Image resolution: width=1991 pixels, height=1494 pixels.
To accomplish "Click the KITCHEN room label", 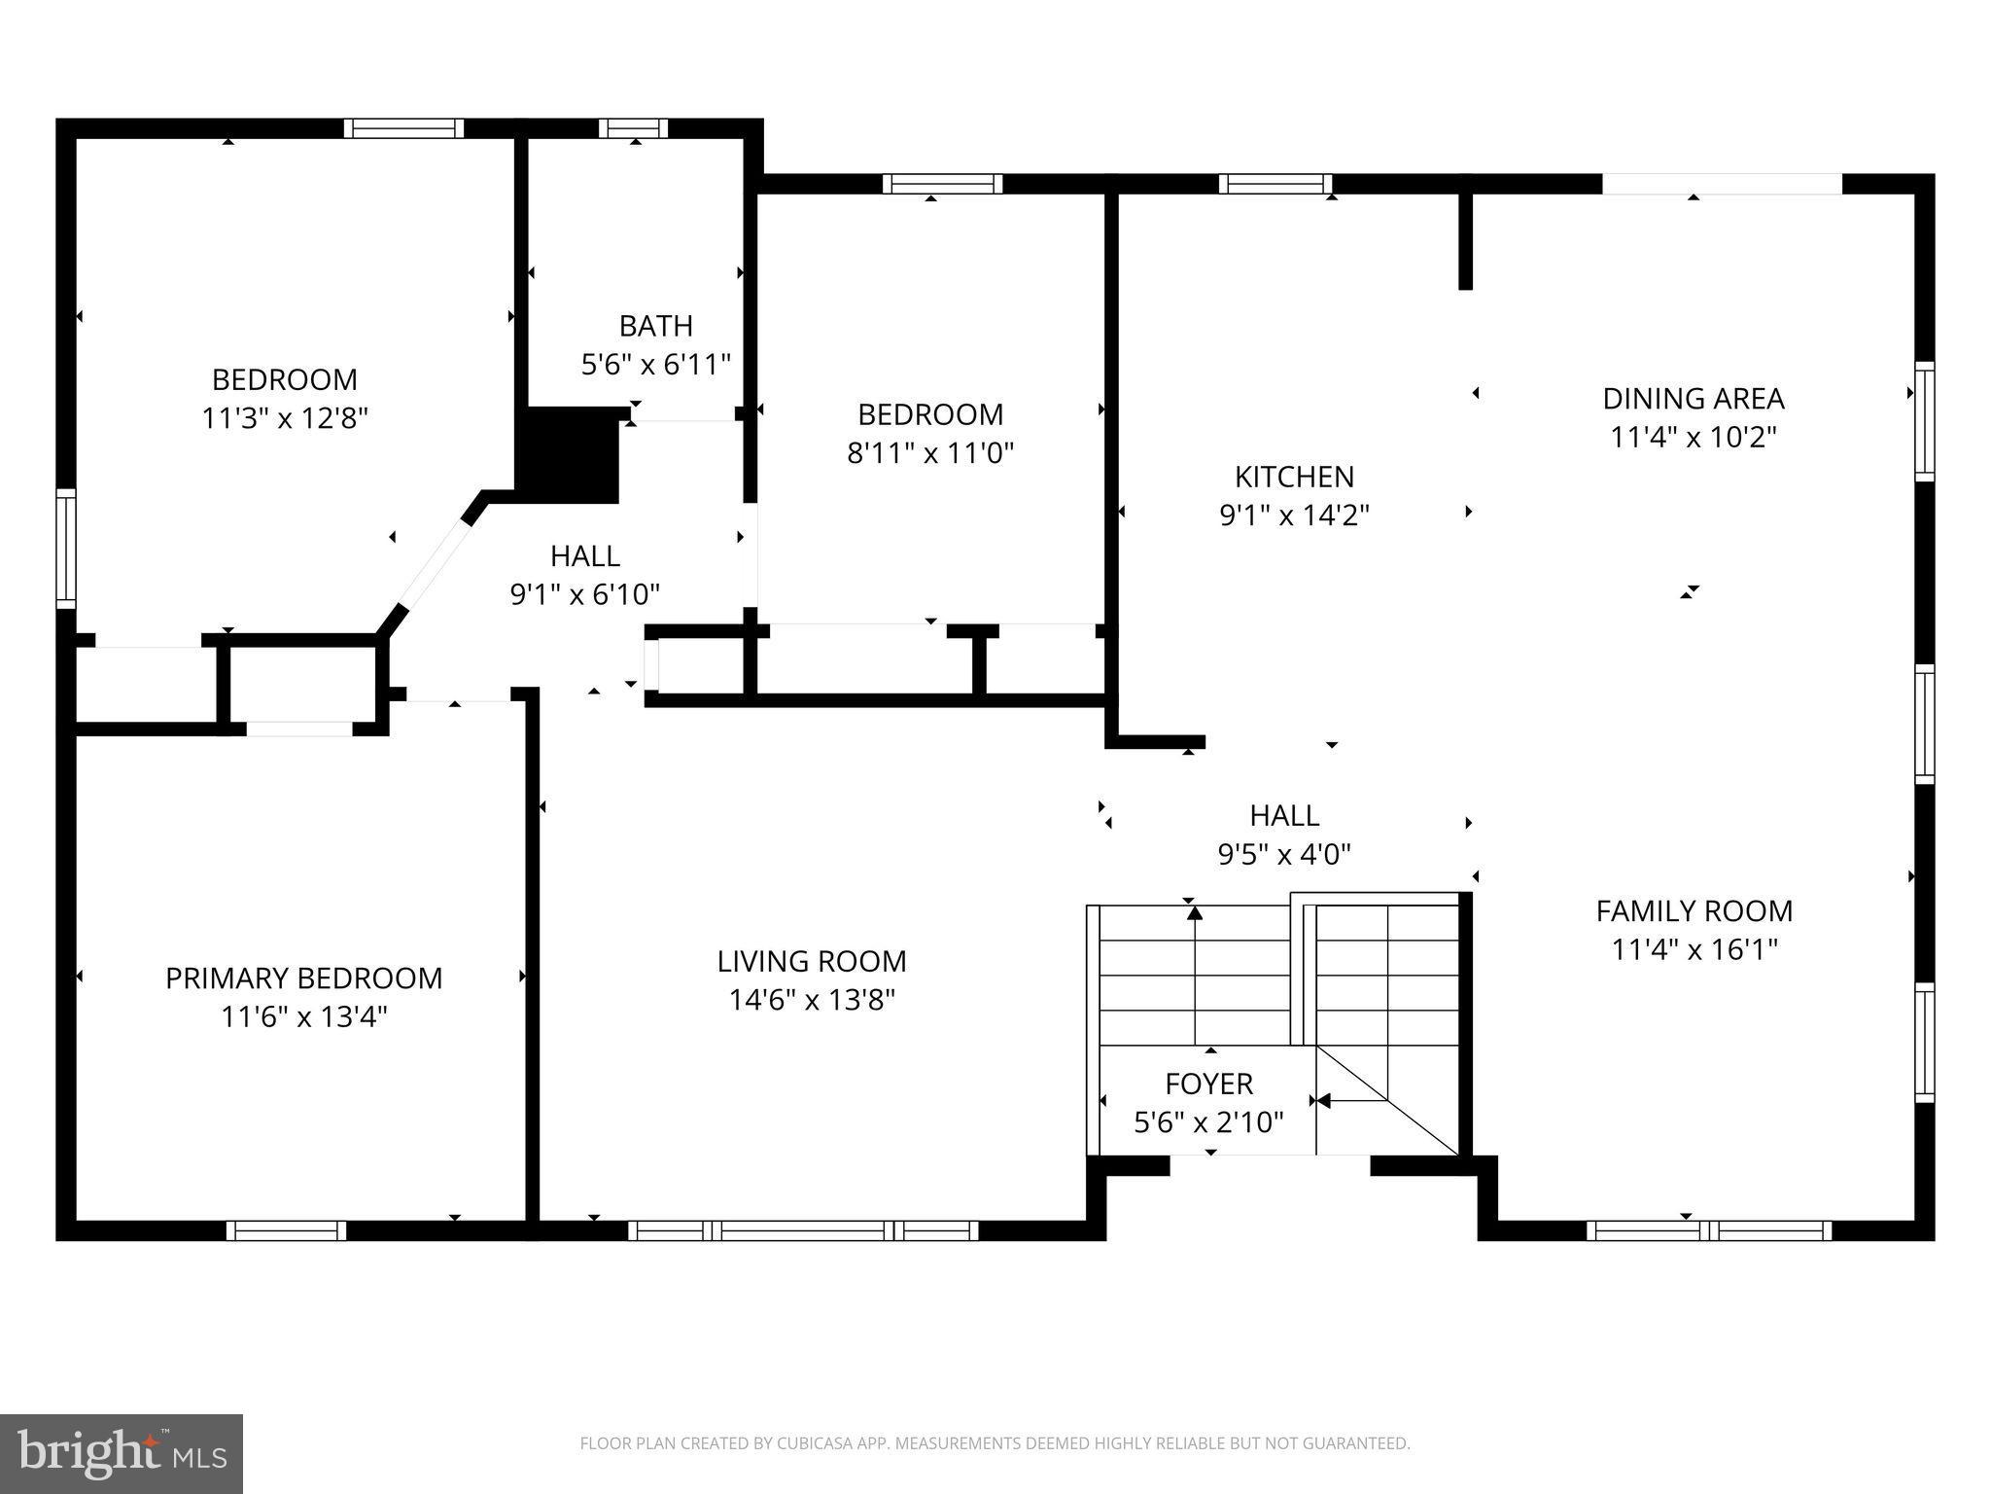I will [x=1294, y=477].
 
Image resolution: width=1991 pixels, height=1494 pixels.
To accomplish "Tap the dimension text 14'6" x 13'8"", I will [x=812, y=1000].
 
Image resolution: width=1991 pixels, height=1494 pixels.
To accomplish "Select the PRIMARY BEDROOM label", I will [x=303, y=978].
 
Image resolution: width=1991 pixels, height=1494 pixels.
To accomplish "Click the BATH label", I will [x=656, y=325].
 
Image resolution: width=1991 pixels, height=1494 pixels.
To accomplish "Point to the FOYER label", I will [x=1208, y=1083].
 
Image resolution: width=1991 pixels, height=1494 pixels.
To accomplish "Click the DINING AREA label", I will [x=1693, y=399].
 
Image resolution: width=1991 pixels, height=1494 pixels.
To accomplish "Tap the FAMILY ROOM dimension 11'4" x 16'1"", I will [x=1694, y=949].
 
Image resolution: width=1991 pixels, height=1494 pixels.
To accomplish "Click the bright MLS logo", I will [x=122, y=1453].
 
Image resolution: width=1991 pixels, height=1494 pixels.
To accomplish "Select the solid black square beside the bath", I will [x=571, y=455].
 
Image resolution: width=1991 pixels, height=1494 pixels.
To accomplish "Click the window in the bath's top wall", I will [x=633, y=128].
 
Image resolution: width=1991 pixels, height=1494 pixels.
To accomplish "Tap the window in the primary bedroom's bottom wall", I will [x=287, y=1230].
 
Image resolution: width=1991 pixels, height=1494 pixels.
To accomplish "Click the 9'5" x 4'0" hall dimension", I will [x=1284, y=855].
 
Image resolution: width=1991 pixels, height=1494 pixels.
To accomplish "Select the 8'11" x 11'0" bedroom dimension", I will [x=930, y=453].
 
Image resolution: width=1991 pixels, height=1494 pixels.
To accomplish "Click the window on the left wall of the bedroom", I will [x=66, y=549].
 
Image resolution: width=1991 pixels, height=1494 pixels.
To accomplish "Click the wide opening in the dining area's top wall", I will [x=1722, y=184].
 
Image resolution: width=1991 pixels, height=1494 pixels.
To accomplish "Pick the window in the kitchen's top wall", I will [x=1275, y=184].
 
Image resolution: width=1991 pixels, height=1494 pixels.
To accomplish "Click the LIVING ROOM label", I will [x=812, y=961].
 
